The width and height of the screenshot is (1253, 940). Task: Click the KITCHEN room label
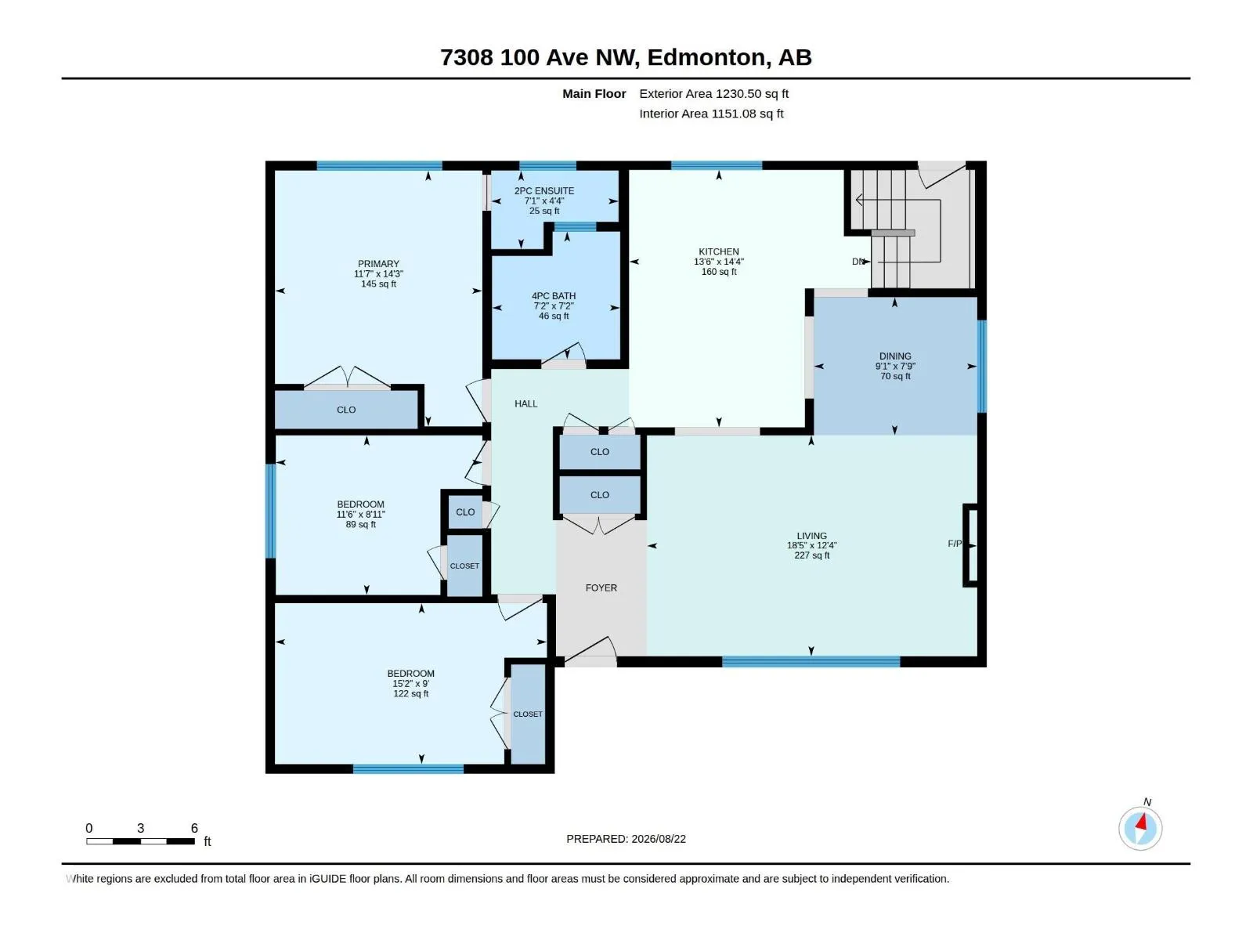tap(718, 251)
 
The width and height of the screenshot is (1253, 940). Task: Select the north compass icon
tap(1140, 828)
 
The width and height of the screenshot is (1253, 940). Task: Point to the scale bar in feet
tap(140, 841)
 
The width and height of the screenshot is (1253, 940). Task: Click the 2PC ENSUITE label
tap(544, 191)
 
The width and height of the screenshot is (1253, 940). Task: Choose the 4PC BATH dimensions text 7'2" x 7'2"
tap(553, 306)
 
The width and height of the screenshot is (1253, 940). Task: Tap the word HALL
tap(525, 404)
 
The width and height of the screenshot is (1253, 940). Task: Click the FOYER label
tap(601, 587)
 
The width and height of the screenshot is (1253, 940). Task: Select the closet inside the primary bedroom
tap(346, 409)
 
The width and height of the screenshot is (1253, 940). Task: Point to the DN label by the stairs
tap(858, 262)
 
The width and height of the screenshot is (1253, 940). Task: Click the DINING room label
tap(895, 356)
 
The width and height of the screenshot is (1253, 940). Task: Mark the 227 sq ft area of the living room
tap(812, 555)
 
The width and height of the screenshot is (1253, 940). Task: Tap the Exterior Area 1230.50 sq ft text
tap(713, 93)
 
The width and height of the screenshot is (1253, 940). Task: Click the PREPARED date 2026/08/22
tap(658, 839)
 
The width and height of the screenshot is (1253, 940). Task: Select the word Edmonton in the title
tap(706, 58)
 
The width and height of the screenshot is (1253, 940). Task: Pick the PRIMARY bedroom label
tap(378, 264)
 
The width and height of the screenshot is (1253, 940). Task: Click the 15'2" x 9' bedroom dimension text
tap(410, 684)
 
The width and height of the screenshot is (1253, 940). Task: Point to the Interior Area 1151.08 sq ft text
tap(711, 114)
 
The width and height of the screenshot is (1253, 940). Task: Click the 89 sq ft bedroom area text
tap(360, 525)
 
